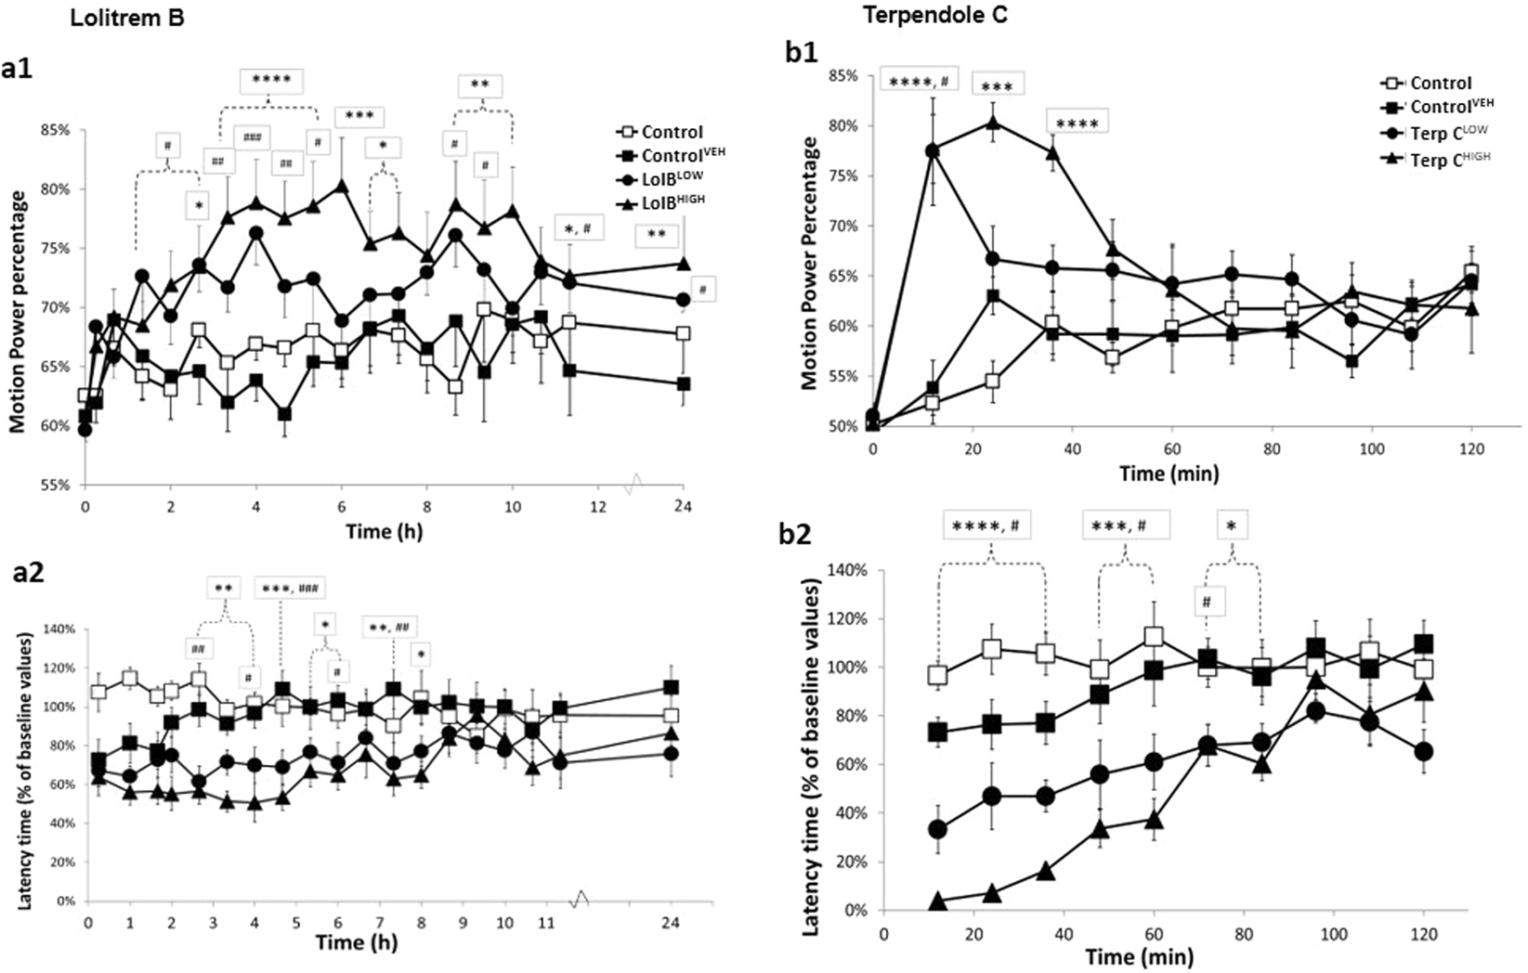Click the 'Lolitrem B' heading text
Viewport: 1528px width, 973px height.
pos(128,18)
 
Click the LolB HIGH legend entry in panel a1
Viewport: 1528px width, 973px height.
pos(660,198)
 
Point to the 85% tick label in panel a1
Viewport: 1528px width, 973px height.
pos(54,130)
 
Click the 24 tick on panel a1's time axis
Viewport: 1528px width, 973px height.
pos(683,506)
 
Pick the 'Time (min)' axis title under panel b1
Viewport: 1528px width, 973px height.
pos(1168,474)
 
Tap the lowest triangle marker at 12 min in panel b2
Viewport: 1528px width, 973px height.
pos(937,901)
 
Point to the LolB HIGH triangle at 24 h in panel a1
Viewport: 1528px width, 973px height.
pos(684,264)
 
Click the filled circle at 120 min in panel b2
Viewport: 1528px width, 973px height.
pos(1423,751)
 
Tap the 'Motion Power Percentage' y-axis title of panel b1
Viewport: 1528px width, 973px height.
pos(810,263)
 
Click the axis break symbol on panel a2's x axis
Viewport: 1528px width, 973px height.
pos(581,898)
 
